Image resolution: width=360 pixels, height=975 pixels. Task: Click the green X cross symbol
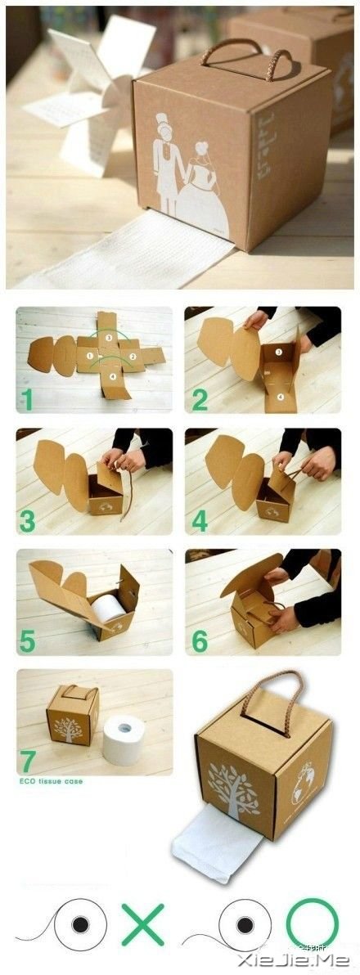(x=143, y=924)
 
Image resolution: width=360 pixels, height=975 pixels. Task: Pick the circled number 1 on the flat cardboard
(x=91, y=356)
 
